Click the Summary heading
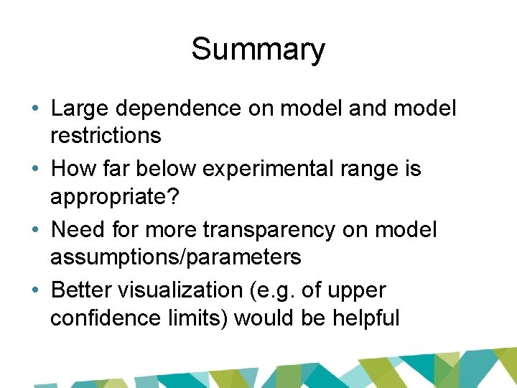tap(258, 50)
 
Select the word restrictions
tap(106, 134)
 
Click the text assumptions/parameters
tap(175, 256)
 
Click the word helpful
tap(366, 317)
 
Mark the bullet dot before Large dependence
tap(35, 109)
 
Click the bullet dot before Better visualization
tap(35, 291)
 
